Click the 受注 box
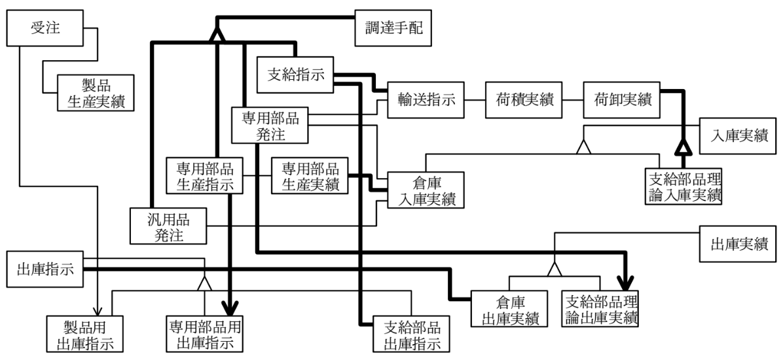[45, 28]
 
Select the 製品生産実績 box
[96, 93]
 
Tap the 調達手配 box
[393, 28]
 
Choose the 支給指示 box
[295, 75]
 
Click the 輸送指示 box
[426, 100]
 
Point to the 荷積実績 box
[524, 100]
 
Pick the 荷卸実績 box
[622, 100]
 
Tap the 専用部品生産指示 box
[205, 176]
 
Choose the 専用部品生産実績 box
[310, 176]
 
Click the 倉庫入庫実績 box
[426, 190]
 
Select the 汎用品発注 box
[168, 226]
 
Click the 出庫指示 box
[45, 270]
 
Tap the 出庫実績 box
[738, 243]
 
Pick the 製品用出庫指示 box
[85, 334]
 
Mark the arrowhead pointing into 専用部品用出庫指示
[229, 306]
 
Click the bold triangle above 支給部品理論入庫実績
[683, 147]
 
